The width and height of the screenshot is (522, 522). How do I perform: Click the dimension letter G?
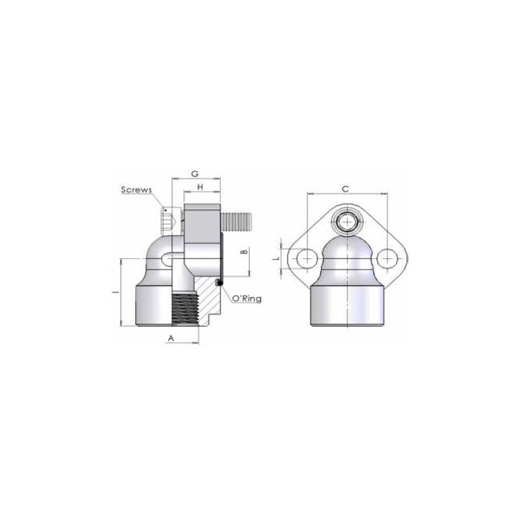195,174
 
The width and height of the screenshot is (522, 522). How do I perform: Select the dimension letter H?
200,187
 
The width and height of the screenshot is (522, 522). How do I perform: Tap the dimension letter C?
346,189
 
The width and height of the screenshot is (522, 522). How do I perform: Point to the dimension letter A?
171,338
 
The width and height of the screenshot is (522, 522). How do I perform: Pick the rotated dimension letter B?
244,251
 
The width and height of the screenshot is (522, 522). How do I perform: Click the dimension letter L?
275,258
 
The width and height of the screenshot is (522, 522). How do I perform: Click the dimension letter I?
115,292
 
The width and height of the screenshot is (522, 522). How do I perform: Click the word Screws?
136,190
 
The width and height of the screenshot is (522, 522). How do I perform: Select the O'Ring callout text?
247,299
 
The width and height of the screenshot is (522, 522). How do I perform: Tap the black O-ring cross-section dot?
219,283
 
